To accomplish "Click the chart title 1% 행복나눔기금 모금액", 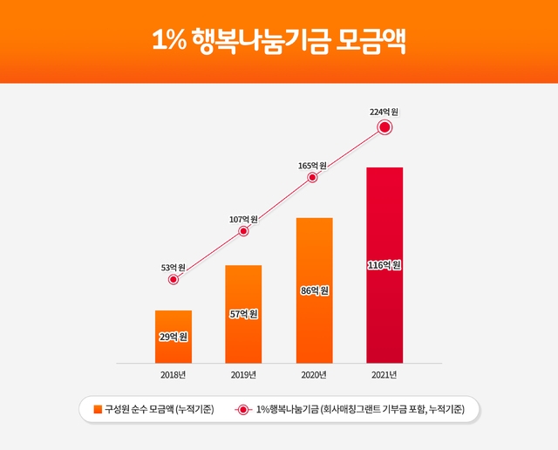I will [x=278, y=41].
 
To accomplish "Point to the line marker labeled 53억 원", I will [x=174, y=280].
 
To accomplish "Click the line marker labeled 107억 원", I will [x=243, y=231].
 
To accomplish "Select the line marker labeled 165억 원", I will [x=313, y=178].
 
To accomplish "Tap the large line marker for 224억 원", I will [x=384, y=128].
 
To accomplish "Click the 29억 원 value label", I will [x=174, y=336].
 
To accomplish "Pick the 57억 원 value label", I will [x=243, y=314].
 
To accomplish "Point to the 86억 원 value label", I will [x=314, y=290].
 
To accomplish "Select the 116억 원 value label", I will [x=384, y=265].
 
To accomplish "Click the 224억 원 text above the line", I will [x=384, y=112].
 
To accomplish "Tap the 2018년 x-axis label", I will [x=174, y=375].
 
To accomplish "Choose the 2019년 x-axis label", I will [x=243, y=375].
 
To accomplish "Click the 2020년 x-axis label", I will [x=314, y=375].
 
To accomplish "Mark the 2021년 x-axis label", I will [x=384, y=375].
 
